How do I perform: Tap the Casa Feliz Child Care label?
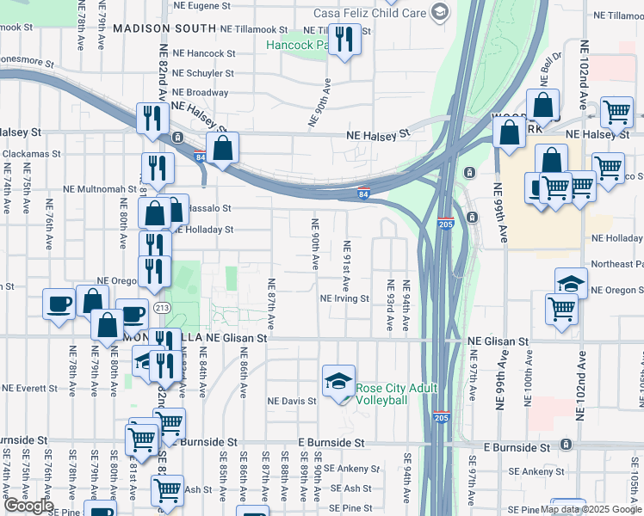370,12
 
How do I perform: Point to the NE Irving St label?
344,299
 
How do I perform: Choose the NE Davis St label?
293,401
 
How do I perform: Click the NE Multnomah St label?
100,188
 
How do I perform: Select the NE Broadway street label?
200,92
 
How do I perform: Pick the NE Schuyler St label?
202,73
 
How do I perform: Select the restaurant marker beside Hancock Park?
344,40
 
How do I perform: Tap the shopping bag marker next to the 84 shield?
222,148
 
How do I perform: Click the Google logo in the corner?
28,506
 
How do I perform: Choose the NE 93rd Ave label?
390,305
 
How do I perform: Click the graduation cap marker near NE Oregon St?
571,284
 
